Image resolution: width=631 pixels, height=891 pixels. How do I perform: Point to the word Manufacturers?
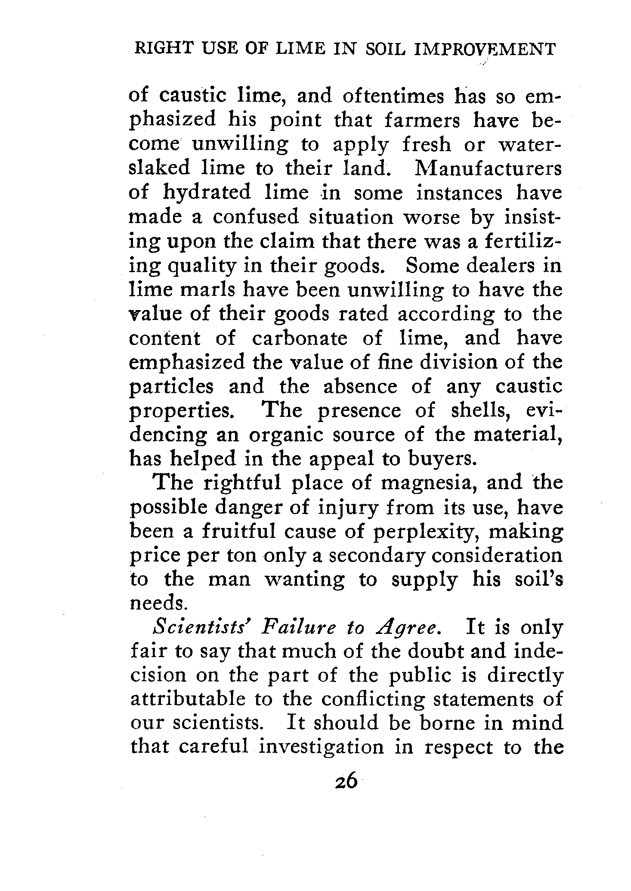488,168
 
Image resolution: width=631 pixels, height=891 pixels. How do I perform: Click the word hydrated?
207,192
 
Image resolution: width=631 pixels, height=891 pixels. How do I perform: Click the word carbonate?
300,338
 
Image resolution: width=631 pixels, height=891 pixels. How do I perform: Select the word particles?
171,387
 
